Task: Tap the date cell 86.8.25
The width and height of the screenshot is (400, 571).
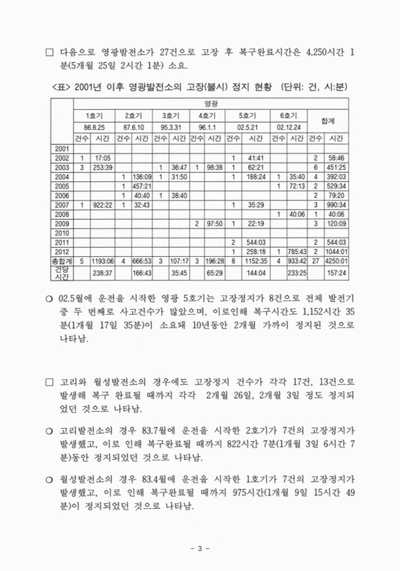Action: pyautogui.click(x=93, y=126)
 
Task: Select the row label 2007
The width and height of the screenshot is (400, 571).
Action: pyautogui.click(x=61, y=205)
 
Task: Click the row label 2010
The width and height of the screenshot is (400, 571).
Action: pyautogui.click(x=61, y=233)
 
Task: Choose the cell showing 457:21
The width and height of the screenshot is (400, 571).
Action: pyautogui.click(x=141, y=186)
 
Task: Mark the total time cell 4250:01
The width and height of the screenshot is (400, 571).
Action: pyautogui.click(x=336, y=261)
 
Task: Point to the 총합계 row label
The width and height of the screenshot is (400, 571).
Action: pyautogui.click(x=61, y=261)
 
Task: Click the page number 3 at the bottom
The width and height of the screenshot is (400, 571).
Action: pyautogui.click(x=200, y=547)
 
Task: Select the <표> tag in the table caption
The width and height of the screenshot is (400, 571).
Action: pyautogui.click(x=63, y=86)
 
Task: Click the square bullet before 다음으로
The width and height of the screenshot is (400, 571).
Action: pyautogui.click(x=49, y=52)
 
